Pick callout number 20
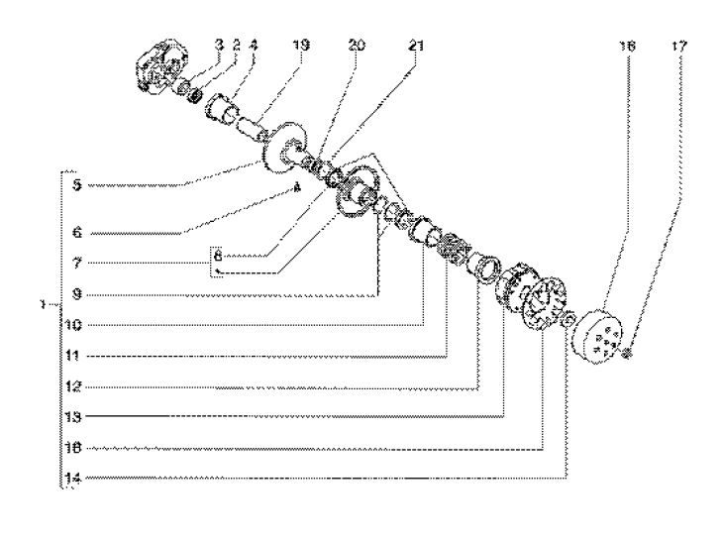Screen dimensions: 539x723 click(x=358, y=45)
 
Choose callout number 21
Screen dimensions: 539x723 click(x=414, y=45)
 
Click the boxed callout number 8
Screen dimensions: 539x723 click(x=218, y=256)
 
